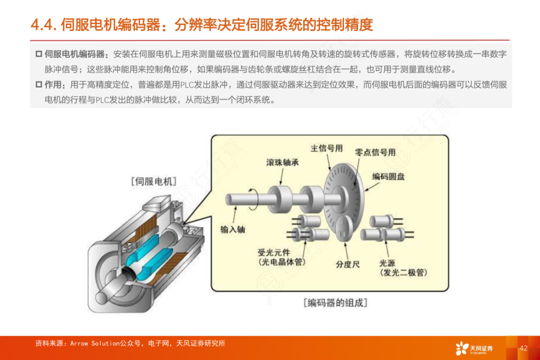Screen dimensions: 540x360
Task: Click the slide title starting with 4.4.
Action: [202, 25]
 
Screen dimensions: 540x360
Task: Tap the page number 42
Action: [523, 348]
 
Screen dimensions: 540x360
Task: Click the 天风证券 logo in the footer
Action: [474, 348]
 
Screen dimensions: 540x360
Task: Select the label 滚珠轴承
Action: [282, 162]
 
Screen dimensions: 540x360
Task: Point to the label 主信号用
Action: [326, 148]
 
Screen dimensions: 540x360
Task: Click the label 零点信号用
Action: [375, 152]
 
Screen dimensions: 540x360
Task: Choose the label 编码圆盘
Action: [388, 176]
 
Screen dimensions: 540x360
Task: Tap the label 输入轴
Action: [233, 229]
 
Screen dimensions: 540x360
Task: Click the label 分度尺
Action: [348, 264]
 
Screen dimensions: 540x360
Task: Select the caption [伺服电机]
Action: [153, 181]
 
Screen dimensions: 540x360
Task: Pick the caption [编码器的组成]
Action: [335, 303]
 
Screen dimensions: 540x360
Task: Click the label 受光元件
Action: [274, 252]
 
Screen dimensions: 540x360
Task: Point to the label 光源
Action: [387, 263]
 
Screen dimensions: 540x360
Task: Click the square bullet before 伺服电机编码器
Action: [39, 54]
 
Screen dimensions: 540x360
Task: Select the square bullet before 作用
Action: [39, 84]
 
